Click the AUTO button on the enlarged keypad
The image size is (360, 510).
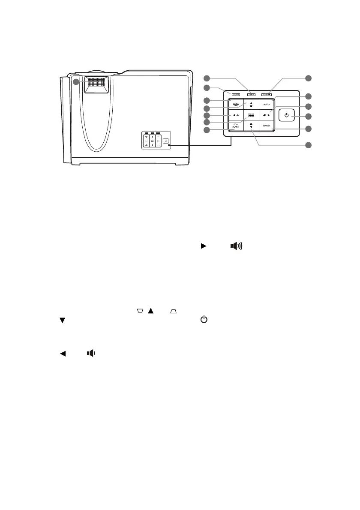267,105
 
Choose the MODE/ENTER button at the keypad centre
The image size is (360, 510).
251,115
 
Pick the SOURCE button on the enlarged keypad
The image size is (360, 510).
267,126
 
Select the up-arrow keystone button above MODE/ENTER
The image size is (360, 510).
251,105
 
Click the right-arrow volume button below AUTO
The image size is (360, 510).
267,115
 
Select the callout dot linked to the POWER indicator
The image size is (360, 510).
308,78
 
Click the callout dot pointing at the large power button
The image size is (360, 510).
308,116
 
